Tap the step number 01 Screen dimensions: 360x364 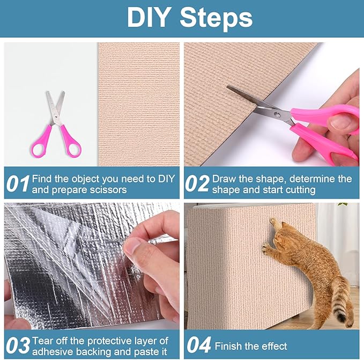[x=17, y=183]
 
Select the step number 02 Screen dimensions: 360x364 [x=197, y=183]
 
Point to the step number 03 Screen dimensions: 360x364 [x=17, y=345]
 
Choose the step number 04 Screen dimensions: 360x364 [x=197, y=345]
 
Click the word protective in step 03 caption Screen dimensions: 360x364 [x=112, y=340]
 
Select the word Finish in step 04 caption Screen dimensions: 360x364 [x=227, y=346]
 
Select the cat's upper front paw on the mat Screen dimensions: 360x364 [x=274, y=223]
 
